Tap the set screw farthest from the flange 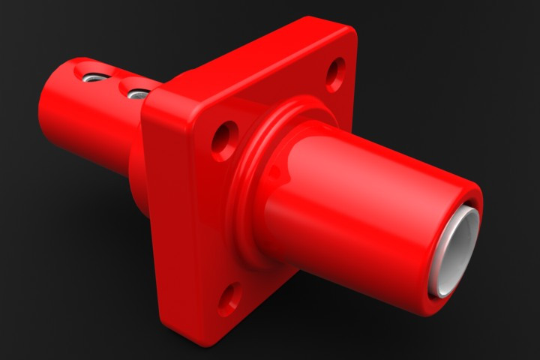93,76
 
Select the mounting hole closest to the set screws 223,140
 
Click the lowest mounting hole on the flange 229,298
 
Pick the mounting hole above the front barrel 335,74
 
